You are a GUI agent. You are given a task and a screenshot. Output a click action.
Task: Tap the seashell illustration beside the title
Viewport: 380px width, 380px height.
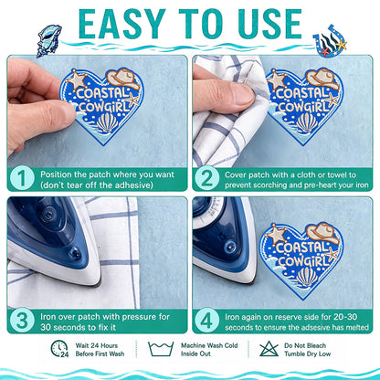49,40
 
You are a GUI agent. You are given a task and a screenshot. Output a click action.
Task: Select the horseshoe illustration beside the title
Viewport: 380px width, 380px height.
330,41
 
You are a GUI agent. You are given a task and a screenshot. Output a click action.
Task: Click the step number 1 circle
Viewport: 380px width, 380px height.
22,179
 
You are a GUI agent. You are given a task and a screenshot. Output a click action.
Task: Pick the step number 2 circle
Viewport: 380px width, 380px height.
206,179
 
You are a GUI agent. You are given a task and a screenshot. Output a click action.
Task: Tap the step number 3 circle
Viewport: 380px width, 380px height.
22,321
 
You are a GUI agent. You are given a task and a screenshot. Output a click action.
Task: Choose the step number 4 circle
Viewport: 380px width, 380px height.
206,321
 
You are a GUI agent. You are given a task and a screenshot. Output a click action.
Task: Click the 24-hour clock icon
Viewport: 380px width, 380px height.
59,349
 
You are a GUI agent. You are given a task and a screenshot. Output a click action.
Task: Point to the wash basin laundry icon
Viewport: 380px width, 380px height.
161,349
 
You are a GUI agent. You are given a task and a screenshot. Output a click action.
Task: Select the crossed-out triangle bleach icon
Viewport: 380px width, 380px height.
269,349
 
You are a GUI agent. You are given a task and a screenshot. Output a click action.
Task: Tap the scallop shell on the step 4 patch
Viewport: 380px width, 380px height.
307,277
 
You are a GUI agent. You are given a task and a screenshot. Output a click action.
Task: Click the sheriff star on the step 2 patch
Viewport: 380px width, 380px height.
277,80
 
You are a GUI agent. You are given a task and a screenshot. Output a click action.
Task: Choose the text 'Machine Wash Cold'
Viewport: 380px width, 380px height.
209,345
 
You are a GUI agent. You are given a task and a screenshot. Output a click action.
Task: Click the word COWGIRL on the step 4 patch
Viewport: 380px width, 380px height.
303,261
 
